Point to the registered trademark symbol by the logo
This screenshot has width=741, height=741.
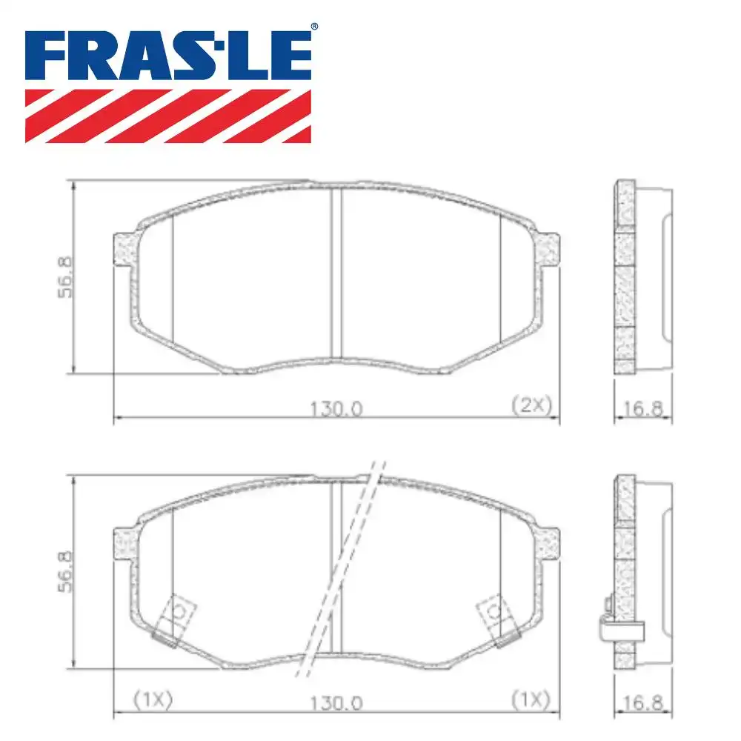pos(313,27)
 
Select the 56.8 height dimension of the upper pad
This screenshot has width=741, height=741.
pos(64,277)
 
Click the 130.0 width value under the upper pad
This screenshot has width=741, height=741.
pos(335,408)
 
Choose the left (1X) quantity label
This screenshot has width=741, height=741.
pos(152,699)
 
